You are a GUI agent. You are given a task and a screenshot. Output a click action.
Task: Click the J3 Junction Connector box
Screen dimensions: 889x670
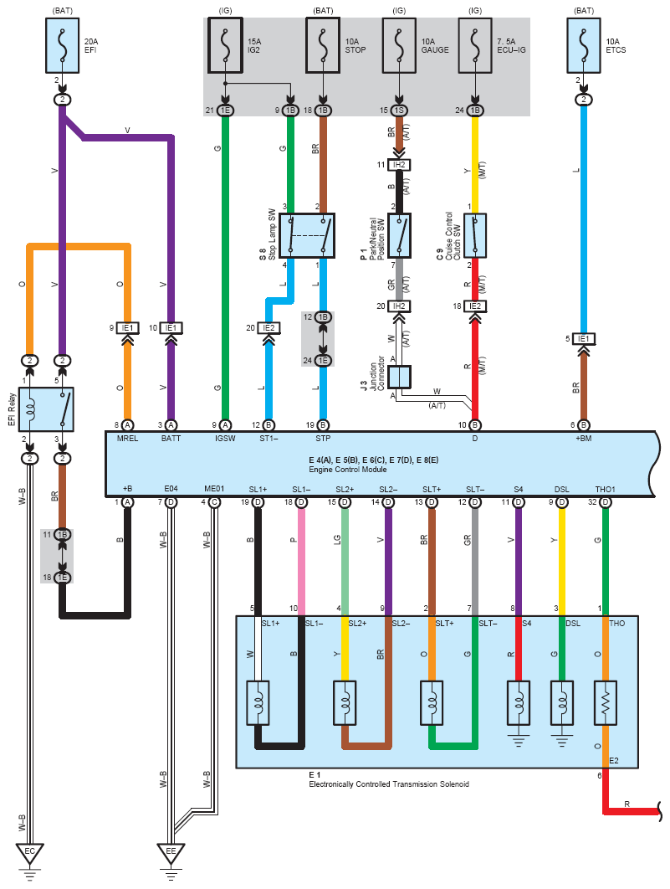pyautogui.click(x=399, y=376)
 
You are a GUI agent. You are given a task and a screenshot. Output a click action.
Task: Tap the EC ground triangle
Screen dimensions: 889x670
pyautogui.click(x=29, y=855)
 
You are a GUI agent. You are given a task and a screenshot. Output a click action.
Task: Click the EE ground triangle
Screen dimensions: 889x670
pyautogui.click(x=171, y=855)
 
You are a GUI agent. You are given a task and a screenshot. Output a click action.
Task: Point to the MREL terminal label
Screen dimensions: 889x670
pyautogui.click(x=127, y=439)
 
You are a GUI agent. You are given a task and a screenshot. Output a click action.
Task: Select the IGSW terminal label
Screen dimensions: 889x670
pyautogui.click(x=225, y=439)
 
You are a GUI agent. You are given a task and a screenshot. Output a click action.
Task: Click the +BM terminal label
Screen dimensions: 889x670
pyautogui.click(x=583, y=439)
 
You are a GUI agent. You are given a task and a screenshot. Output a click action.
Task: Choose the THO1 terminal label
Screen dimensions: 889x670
pyautogui.click(x=605, y=489)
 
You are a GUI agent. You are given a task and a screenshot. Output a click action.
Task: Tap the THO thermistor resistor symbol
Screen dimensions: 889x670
pyautogui.click(x=605, y=703)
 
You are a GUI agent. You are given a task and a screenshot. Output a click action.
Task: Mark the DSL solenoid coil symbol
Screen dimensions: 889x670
pyautogui.click(x=561, y=703)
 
